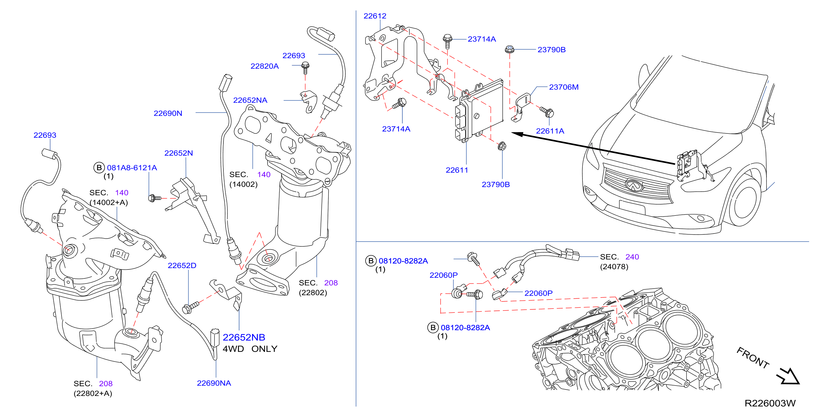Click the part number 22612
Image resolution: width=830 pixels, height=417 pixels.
(x=375, y=16)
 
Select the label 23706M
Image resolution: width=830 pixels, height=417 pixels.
(x=564, y=87)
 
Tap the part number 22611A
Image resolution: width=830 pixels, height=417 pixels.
(x=550, y=131)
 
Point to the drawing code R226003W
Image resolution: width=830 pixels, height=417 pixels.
(x=770, y=403)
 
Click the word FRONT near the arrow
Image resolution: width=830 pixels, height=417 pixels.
(x=753, y=358)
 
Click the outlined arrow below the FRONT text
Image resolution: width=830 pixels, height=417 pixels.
(x=788, y=376)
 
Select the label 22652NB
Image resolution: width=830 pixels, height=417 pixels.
(x=244, y=337)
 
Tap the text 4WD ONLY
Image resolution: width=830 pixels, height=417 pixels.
(x=250, y=349)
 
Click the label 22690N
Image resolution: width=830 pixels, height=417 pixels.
(x=168, y=113)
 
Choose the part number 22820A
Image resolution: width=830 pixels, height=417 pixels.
(x=264, y=66)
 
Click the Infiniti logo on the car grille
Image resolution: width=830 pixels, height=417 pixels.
(x=633, y=185)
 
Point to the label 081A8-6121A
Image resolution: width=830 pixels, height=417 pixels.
(x=132, y=167)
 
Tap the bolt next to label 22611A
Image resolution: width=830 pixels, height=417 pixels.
(x=547, y=112)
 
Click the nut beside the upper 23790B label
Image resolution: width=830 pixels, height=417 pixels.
(x=509, y=49)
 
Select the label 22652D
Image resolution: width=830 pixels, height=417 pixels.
(x=182, y=266)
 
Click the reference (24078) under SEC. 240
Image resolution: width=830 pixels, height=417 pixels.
(x=614, y=267)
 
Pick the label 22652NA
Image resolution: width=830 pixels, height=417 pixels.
(x=250, y=100)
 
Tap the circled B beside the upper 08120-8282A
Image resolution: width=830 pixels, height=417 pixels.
(x=371, y=261)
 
